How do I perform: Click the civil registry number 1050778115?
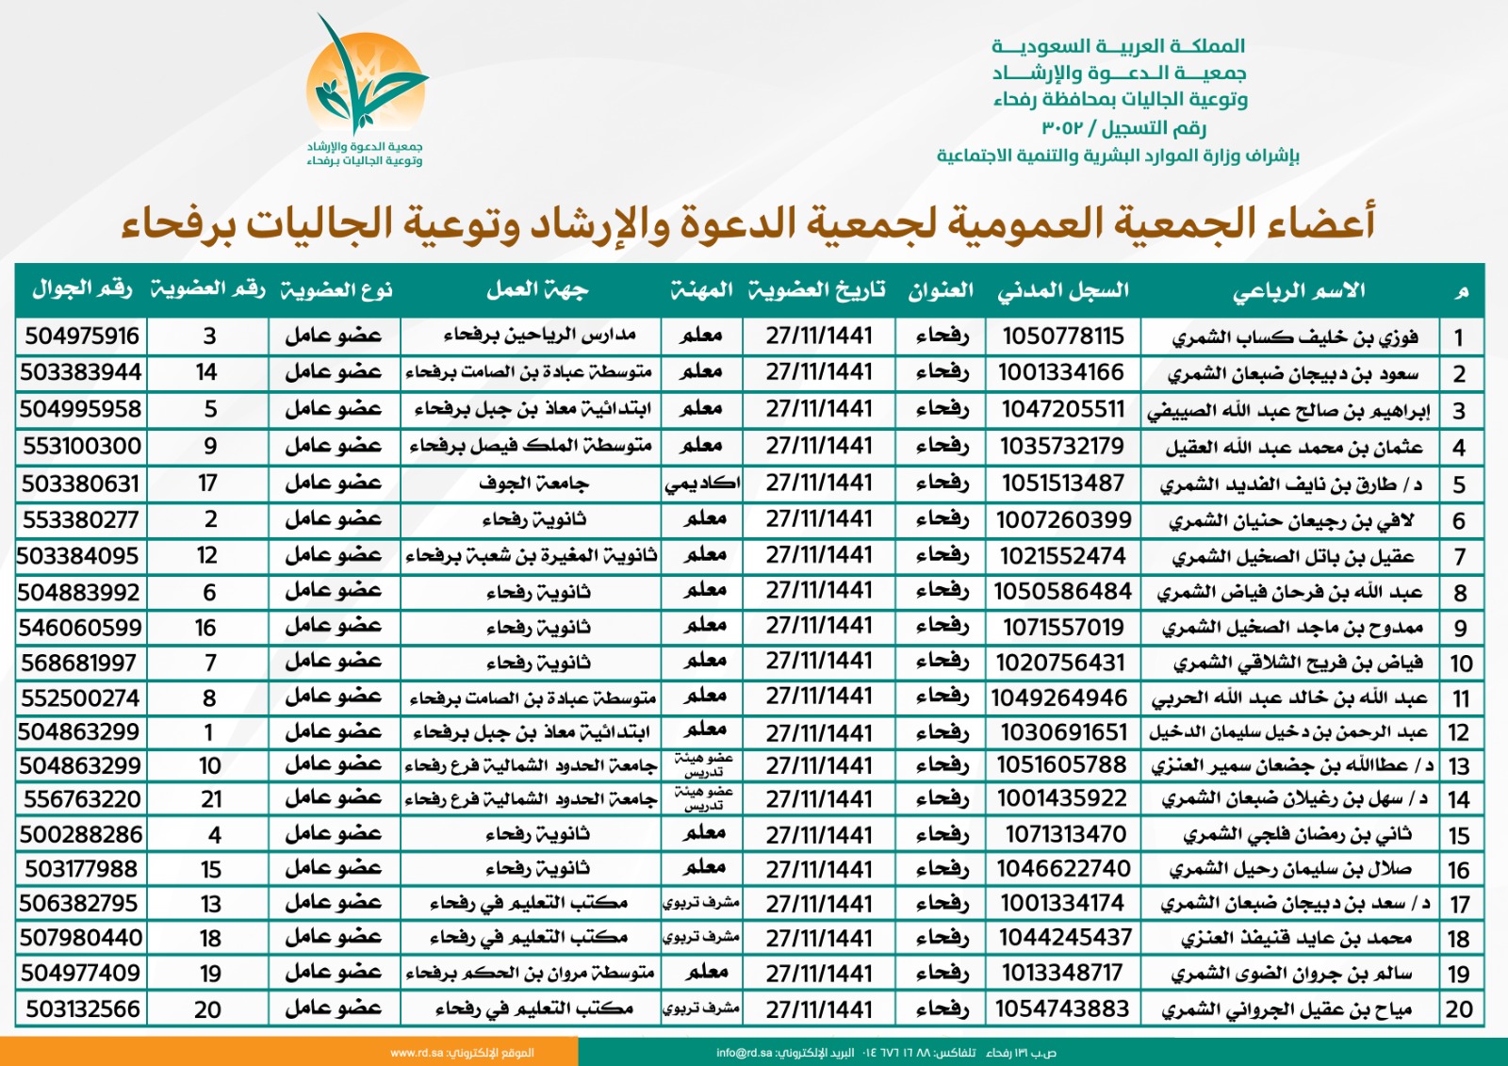point(1062,336)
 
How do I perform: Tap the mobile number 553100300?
point(81,446)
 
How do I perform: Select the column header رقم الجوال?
point(82,289)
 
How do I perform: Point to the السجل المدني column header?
point(1062,290)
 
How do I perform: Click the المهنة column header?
point(701,290)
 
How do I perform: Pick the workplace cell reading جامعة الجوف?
point(533,484)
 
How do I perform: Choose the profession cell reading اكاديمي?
point(702,484)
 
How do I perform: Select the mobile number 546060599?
point(80,628)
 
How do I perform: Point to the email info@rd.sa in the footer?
point(744,1053)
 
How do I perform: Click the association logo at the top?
point(366,90)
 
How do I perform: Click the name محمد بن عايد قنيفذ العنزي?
point(1296,939)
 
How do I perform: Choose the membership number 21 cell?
point(211,800)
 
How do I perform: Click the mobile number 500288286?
point(81,835)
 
